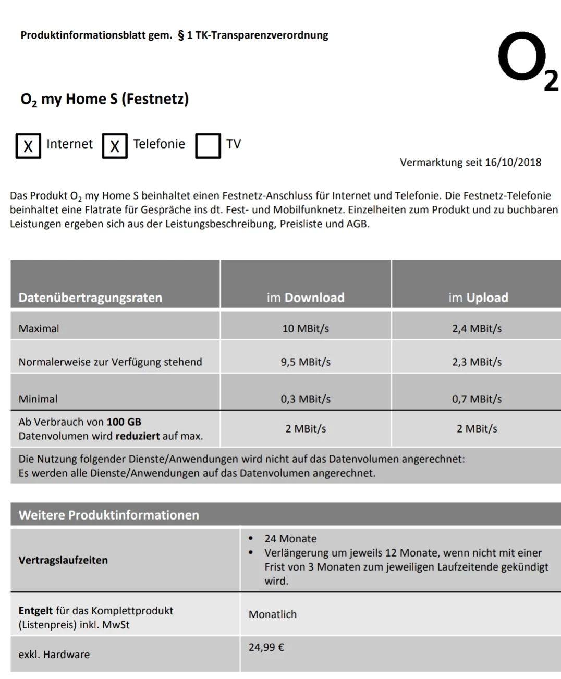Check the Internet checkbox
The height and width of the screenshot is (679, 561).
[28, 145]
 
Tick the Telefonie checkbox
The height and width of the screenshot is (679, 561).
[115, 145]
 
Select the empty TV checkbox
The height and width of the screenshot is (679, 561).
[208, 145]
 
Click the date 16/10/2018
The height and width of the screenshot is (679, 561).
[513, 163]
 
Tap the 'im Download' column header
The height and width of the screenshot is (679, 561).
[306, 298]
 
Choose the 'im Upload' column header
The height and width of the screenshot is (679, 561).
[478, 298]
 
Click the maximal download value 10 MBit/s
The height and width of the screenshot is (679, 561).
[306, 329]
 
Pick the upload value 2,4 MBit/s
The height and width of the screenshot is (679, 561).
[477, 329]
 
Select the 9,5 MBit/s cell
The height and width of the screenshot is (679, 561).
[306, 362]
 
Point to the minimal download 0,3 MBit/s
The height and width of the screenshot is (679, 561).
[306, 399]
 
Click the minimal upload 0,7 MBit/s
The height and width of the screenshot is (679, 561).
[477, 399]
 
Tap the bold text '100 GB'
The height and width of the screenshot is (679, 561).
[124, 422]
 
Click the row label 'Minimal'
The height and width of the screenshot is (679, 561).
[38, 399]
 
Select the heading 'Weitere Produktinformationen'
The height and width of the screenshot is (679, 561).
[109, 515]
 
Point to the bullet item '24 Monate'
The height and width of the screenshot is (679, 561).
[290, 539]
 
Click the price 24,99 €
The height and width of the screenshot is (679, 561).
[266, 648]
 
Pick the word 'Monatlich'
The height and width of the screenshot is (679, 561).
[273, 614]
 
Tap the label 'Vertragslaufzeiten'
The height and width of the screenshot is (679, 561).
[63, 560]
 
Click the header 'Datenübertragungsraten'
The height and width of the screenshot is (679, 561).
[90, 298]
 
